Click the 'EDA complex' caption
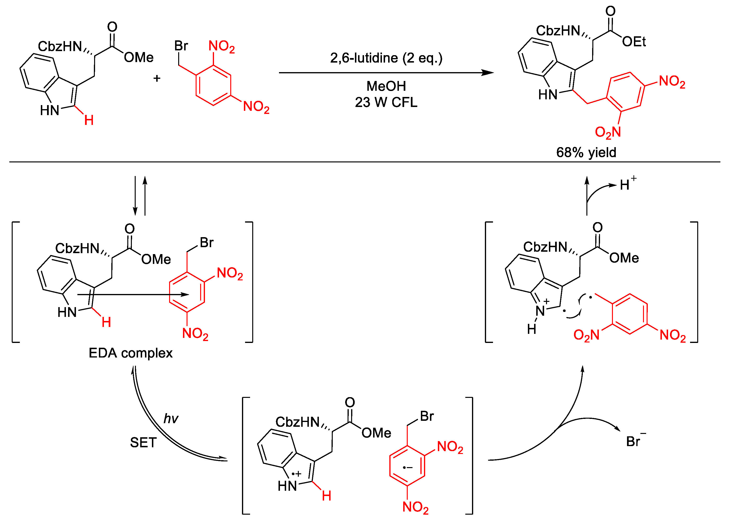click(x=130, y=353)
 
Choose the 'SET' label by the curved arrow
click(x=143, y=443)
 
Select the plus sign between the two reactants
click(x=157, y=78)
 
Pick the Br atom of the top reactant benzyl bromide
click(x=181, y=46)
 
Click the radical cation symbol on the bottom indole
click(x=296, y=474)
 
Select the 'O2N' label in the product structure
click(x=607, y=132)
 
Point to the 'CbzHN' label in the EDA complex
click(x=77, y=248)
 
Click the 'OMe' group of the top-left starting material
click(x=139, y=58)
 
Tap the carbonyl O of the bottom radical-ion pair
click(x=350, y=402)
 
